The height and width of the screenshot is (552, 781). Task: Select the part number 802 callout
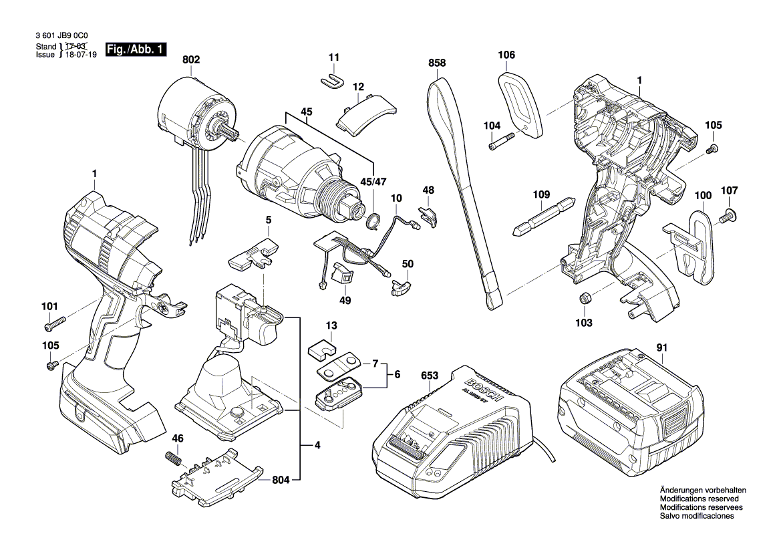point(190,59)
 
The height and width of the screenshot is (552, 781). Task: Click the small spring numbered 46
point(173,460)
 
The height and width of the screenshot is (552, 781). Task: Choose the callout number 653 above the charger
point(430,376)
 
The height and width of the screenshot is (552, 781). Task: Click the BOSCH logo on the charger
point(480,390)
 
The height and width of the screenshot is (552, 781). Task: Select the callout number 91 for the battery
point(661,348)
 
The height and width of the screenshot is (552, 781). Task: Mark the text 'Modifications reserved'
point(699,499)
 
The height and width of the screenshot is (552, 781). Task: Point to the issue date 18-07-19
point(80,55)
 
